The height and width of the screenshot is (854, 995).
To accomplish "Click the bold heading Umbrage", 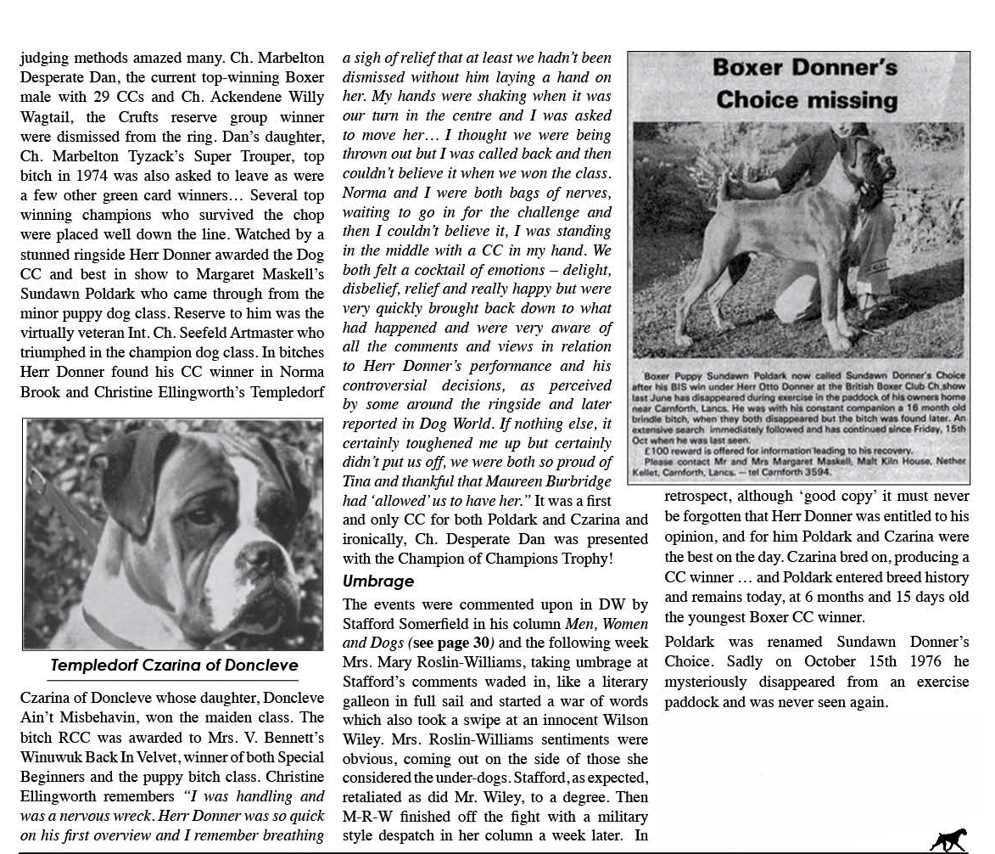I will (378, 582).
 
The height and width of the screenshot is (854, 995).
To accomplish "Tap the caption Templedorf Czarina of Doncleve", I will (174, 666).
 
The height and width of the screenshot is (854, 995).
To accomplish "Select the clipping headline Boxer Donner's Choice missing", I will (805, 83).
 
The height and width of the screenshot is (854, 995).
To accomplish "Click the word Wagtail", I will (47, 117).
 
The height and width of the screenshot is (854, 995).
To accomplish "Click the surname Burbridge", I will (573, 481).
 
